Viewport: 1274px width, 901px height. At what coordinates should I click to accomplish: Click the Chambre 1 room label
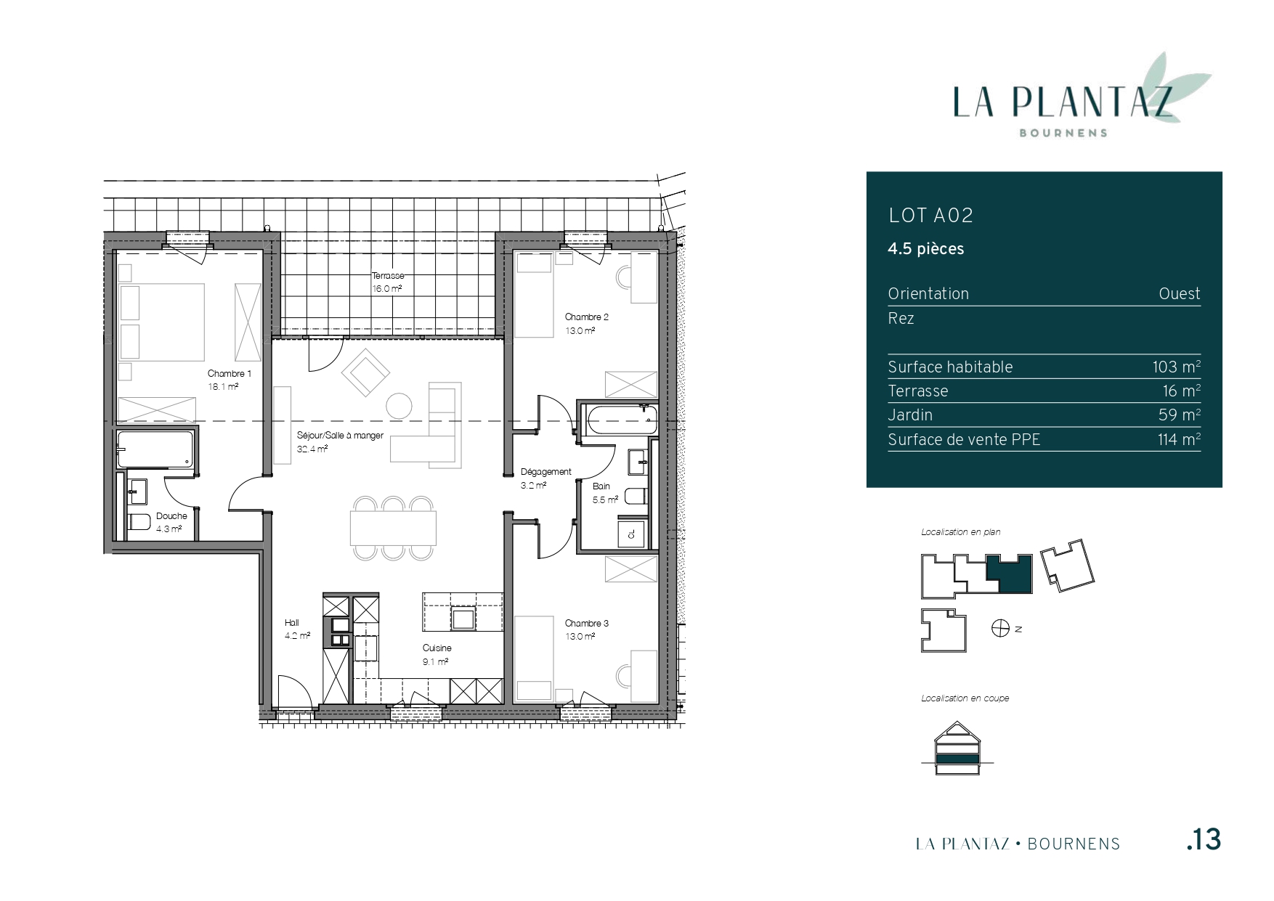230,374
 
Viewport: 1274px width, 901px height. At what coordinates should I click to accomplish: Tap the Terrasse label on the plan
388,276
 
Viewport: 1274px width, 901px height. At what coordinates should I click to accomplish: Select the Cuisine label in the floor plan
437,648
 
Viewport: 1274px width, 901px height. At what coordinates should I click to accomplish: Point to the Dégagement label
546,472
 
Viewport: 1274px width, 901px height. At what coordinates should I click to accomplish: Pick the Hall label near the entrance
291,623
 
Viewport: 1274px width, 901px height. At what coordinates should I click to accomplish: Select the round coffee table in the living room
399,405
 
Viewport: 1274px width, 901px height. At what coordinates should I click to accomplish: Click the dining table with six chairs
393,528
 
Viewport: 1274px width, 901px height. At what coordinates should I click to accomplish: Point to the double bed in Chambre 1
162,322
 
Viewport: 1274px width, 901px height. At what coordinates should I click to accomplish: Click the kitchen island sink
463,618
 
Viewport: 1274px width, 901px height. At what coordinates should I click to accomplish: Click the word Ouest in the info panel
1180,294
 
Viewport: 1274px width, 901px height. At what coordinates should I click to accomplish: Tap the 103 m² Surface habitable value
1176,367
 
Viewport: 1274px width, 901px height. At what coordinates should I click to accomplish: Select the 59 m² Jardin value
1180,415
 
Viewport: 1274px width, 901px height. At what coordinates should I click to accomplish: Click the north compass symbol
1000,629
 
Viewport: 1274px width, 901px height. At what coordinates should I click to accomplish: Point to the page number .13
1204,840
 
